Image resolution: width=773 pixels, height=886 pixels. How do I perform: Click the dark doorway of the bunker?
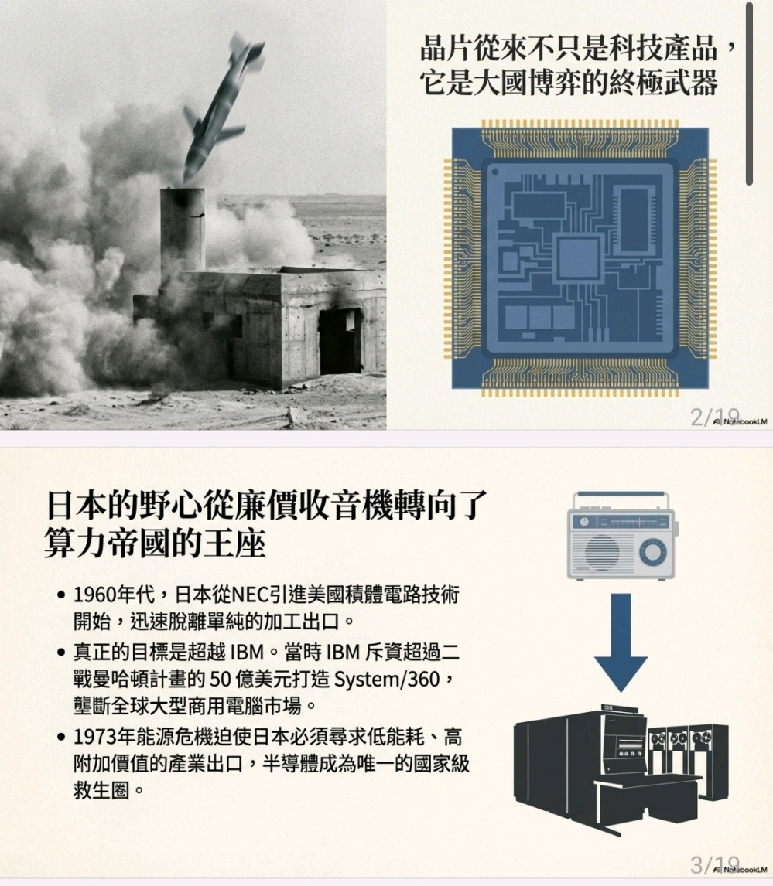(x=339, y=341)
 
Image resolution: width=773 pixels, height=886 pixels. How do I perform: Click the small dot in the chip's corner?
(x=495, y=171)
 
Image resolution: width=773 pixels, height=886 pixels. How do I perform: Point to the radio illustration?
(x=621, y=535)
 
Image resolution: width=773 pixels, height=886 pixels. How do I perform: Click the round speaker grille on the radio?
(x=602, y=551)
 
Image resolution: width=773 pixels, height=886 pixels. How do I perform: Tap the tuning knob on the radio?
(x=652, y=551)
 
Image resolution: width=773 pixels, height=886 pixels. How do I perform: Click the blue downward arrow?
(x=621, y=643)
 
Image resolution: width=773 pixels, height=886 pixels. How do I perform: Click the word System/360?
(x=387, y=680)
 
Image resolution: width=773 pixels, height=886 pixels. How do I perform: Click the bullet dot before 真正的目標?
(x=62, y=653)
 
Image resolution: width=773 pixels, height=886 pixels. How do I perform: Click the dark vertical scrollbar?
(x=749, y=94)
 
